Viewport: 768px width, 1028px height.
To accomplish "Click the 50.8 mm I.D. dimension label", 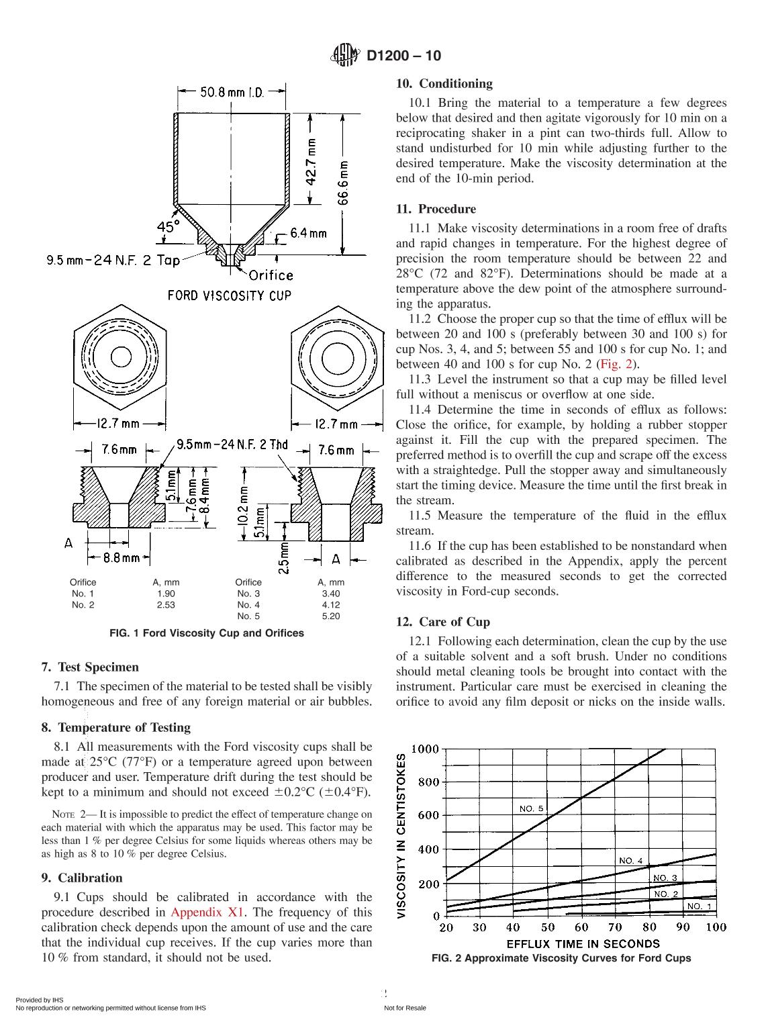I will [232, 92].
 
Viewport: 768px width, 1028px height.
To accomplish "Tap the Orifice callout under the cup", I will [271, 275].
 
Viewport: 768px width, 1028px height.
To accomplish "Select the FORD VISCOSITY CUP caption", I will [229, 295].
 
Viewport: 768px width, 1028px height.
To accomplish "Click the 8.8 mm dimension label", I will [122, 557].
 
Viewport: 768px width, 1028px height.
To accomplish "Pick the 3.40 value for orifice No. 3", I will [331, 594].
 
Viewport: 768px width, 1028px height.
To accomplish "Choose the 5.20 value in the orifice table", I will [331, 616].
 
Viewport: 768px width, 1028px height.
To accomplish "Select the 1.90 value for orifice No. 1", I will [166, 594].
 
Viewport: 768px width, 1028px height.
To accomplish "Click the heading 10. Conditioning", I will [444, 84].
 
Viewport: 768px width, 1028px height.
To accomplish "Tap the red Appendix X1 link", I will [208, 913].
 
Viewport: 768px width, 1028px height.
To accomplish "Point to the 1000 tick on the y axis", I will [424, 749].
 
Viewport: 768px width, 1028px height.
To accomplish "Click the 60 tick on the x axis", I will [581, 927].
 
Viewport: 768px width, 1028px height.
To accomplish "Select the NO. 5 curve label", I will [532, 808].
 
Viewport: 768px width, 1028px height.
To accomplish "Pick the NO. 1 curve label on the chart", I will [699, 906].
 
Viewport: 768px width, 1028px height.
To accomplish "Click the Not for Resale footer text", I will [405, 1008].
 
